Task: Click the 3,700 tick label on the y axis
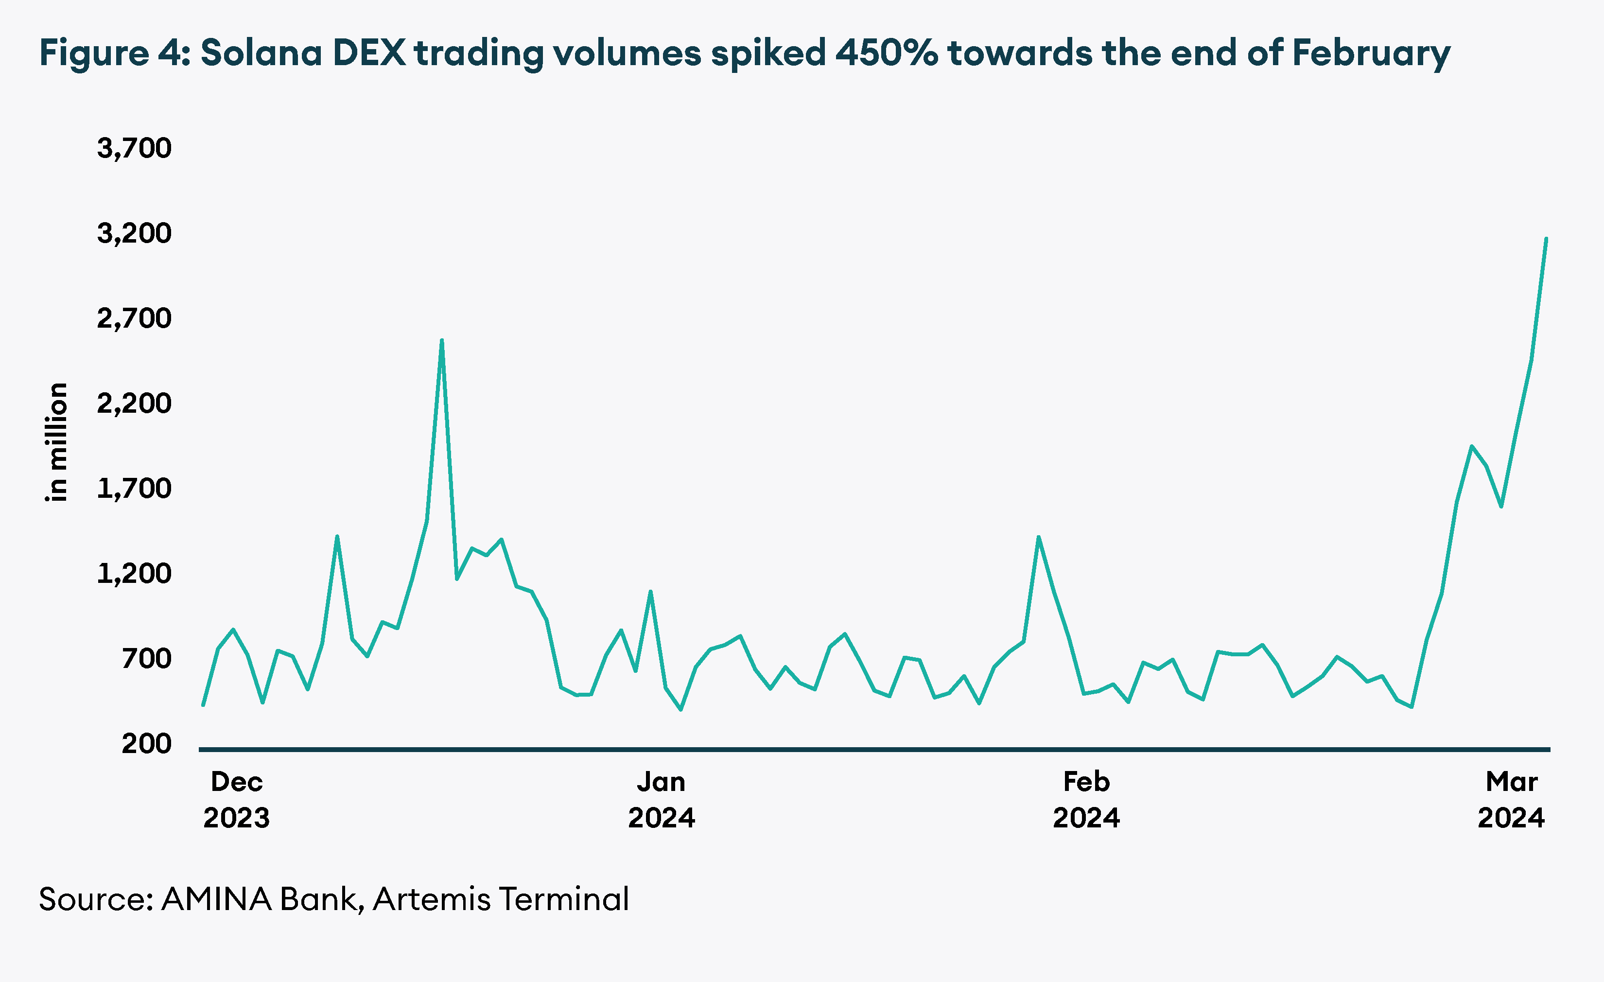(x=134, y=148)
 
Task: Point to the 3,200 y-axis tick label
(x=134, y=233)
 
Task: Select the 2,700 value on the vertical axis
(x=134, y=318)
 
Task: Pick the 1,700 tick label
(x=134, y=489)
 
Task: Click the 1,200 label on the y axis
(x=134, y=574)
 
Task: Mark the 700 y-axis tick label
(x=146, y=658)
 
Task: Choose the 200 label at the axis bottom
(x=146, y=743)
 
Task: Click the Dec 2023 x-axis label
(x=236, y=800)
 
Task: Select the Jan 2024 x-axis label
(x=662, y=800)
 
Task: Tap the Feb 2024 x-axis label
(x=1086, y=800)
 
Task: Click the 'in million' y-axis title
(x=57, y=442)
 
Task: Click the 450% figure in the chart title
(x=887, y=53)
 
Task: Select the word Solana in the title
(x=261, y=53)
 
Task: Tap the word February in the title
(x=1371, y=53)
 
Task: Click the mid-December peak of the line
(x=442, y=341)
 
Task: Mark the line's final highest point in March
(x=1546, y=239)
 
